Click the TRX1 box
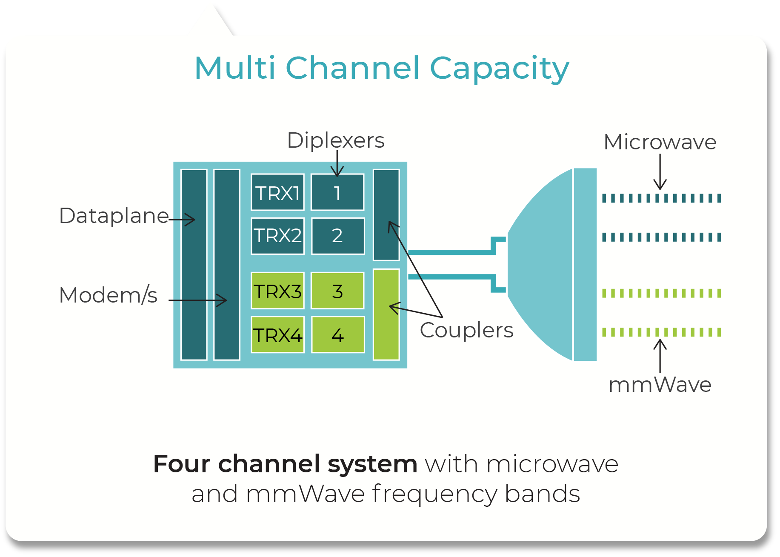tap(277, 192)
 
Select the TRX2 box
tap(277, 236)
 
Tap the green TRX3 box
tap(277, 291)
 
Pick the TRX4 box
tap(277, 335)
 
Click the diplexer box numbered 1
tap(337, 192)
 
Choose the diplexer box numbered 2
tap(338, 236)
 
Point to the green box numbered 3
tap(337, 291)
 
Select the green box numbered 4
tap(338, 335)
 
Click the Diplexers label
tap(336, 140)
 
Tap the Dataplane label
tap(114, 216)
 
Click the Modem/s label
tap(108, 295)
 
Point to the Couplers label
tap(466, 330)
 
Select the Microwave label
tap(660, 142)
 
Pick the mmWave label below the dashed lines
tap(660, 385)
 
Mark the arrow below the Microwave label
tap(660, 172)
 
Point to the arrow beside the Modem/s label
tap(198, 300)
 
